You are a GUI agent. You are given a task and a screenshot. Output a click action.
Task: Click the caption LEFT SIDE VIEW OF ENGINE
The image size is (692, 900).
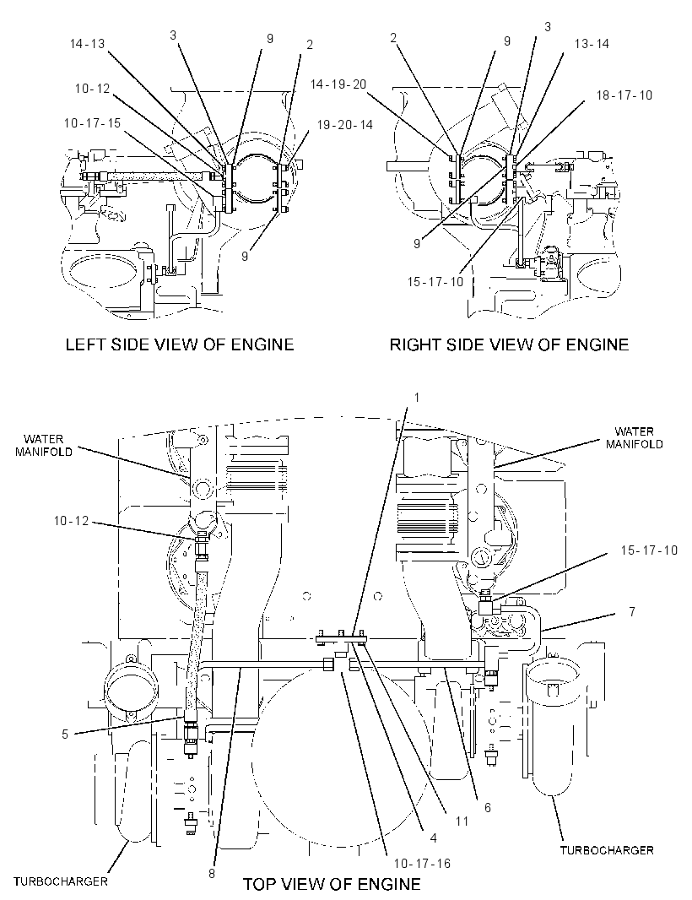tap(180, 344)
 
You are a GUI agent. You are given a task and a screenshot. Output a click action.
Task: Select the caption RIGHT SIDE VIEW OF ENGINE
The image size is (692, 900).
tap(509, 344)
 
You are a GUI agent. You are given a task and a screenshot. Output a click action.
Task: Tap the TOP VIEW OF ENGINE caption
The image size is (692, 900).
tap(332, 883)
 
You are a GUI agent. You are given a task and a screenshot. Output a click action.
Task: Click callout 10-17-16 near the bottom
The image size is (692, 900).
tap(422, 863)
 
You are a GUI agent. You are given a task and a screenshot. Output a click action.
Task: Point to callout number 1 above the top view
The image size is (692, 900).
tap(417, 397)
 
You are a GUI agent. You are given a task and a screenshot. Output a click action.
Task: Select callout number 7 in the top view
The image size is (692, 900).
tap(632, 612)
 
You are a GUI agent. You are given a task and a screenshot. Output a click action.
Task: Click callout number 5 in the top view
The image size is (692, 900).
tap(65, 735)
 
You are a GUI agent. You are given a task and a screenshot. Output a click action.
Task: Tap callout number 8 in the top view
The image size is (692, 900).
tap(212, 874)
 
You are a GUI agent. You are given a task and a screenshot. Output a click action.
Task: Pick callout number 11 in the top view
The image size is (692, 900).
tap(462, 821)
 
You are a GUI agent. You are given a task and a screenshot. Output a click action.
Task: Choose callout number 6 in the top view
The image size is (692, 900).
tap(488, 808)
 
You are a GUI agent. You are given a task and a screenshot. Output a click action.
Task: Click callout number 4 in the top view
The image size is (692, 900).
tap(433, 838)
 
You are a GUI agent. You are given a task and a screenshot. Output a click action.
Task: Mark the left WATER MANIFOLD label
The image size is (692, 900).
tap(44, 446)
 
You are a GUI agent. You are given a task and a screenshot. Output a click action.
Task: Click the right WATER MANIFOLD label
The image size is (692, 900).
tap(634, 437)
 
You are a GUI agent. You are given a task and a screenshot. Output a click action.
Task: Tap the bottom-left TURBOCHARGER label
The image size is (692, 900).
tap(60, 881)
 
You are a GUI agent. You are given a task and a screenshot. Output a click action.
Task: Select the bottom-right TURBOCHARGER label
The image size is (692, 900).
tap(607, 850)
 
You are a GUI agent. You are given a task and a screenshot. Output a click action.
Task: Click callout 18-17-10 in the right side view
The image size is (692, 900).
tap(624, 95)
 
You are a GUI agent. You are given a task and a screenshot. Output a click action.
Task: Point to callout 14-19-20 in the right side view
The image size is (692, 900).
tap(338, 84)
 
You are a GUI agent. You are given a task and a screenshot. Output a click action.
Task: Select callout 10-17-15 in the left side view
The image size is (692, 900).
tap(92, 123)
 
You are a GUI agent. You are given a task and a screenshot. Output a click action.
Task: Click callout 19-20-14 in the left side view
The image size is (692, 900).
tap(345, 125)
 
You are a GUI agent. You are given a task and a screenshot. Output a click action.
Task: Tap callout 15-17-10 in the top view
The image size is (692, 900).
tap(649, 550)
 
